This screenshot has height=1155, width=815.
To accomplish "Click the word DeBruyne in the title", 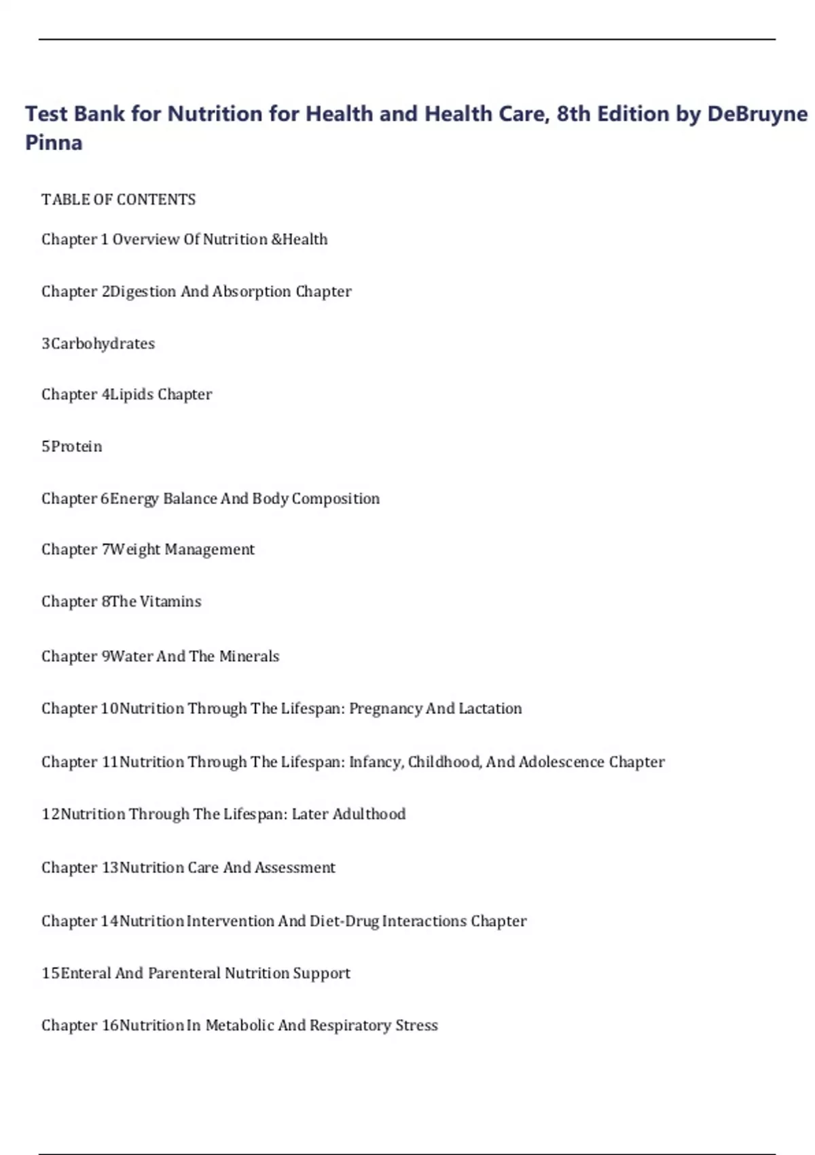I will [x=757, y=113].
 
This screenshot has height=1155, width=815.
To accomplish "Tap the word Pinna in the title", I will [x=54, y=143].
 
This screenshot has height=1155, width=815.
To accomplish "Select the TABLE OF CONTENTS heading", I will [x=118, y=200].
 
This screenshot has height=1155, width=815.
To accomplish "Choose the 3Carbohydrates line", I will [x=98, y=344].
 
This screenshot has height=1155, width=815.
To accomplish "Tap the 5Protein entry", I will [x=72, y=446].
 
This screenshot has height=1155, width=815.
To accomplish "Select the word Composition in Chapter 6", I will [x=336, y=499].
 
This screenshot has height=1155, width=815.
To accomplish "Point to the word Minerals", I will [x=249, y=656].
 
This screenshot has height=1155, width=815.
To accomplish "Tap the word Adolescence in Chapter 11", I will [x=561, y=762].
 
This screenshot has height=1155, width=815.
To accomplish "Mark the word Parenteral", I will [x=184, y=974].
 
